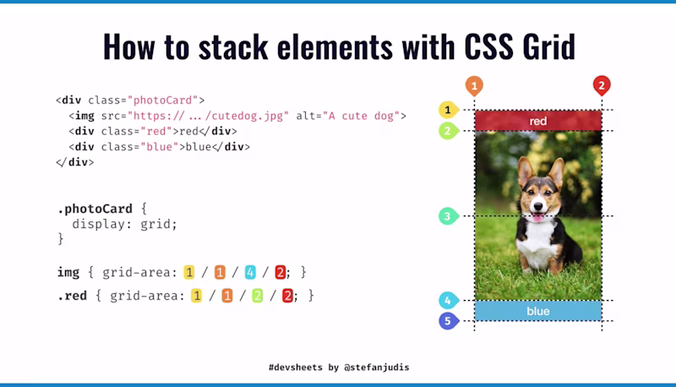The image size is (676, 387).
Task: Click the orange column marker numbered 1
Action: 475,85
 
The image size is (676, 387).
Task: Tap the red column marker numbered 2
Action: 601,85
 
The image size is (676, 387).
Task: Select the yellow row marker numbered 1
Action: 447,110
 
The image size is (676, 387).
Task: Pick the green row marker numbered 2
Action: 447,131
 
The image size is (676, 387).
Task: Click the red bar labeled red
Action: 538,121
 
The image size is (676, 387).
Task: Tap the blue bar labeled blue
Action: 538,311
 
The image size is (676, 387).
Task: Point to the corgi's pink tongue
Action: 537,217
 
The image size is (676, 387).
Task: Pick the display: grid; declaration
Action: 124,224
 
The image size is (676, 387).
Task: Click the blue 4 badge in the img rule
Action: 250,272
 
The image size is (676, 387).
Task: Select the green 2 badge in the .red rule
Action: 257,296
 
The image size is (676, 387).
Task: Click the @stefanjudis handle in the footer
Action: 379,368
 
